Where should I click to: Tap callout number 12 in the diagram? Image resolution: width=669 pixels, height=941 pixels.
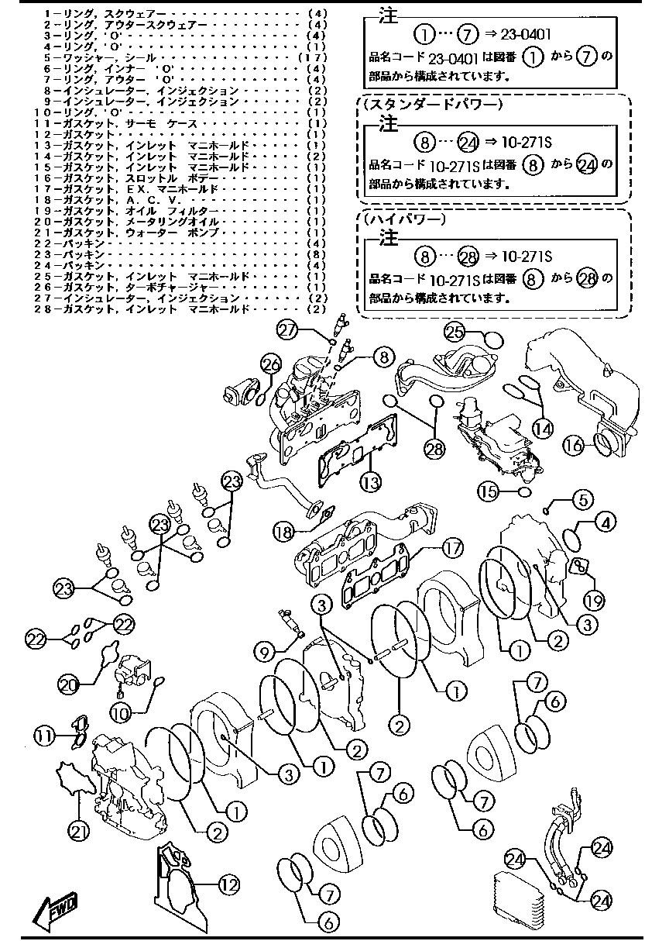pos(228,884)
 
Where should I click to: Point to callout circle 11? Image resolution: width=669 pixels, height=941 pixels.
pos(45,733)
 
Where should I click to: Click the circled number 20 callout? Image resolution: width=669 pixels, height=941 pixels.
pos(69,684)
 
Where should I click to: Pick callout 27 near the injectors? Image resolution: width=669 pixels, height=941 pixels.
pos(289,330)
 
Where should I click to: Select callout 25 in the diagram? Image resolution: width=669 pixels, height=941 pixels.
pos(455,331)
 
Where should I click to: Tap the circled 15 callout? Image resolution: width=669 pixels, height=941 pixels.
pos(487,491)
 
